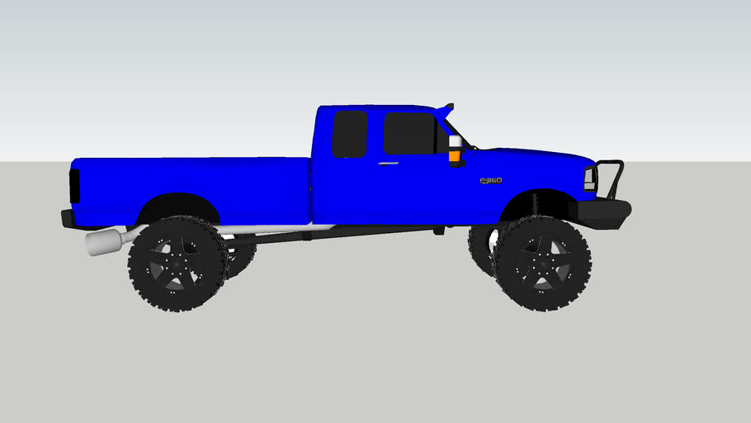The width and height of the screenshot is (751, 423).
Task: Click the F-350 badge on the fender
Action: click(491, 180)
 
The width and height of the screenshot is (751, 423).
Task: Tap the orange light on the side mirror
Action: click(455, 154)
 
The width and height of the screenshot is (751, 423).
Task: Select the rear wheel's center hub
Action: click(177, 264)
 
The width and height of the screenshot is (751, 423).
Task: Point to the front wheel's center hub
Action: click(541, 264)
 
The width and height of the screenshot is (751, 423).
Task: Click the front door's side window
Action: click(409, 134)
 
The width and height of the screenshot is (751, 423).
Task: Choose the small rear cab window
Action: click(349, 134)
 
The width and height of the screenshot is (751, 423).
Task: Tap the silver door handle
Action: click(387, 164)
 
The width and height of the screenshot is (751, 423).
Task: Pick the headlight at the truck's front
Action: click(589, 178)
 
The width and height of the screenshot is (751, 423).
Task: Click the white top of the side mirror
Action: click(455, 141)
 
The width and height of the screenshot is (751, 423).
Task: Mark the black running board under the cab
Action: click(330, 235)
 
